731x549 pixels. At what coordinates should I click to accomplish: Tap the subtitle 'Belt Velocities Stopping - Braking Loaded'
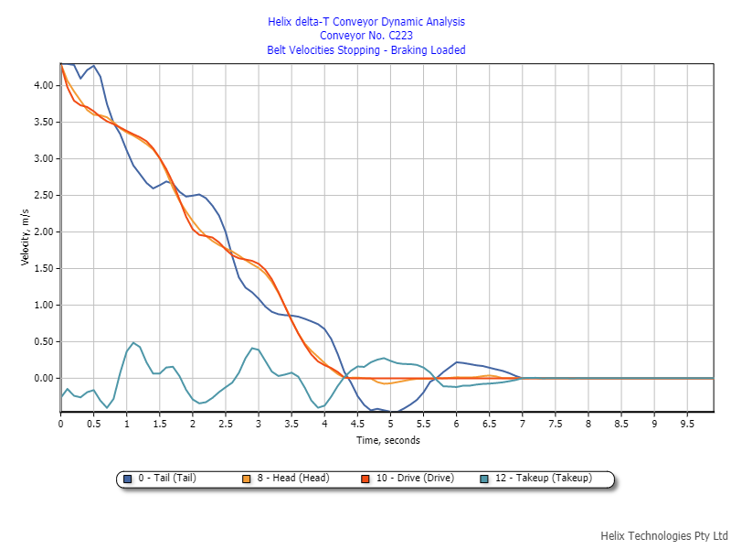click(x=365, y=50)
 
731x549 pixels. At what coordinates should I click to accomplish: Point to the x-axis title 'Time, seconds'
click(x=387, y=441)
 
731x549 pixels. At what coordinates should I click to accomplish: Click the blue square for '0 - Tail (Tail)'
click(x=129, y=479)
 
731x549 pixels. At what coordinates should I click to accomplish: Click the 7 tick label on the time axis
click(x=522, y=424)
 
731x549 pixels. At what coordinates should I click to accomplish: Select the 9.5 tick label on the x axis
click(x=687, y=424)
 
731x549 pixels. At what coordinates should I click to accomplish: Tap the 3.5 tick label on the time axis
click(x=291, y=424)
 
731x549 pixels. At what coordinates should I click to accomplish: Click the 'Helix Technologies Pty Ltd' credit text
click(x=663, y=535)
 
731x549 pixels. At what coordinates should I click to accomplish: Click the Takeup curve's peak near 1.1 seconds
click(x=133, y=343)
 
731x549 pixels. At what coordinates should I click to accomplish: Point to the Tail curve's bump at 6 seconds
click(x=457, y=362)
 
